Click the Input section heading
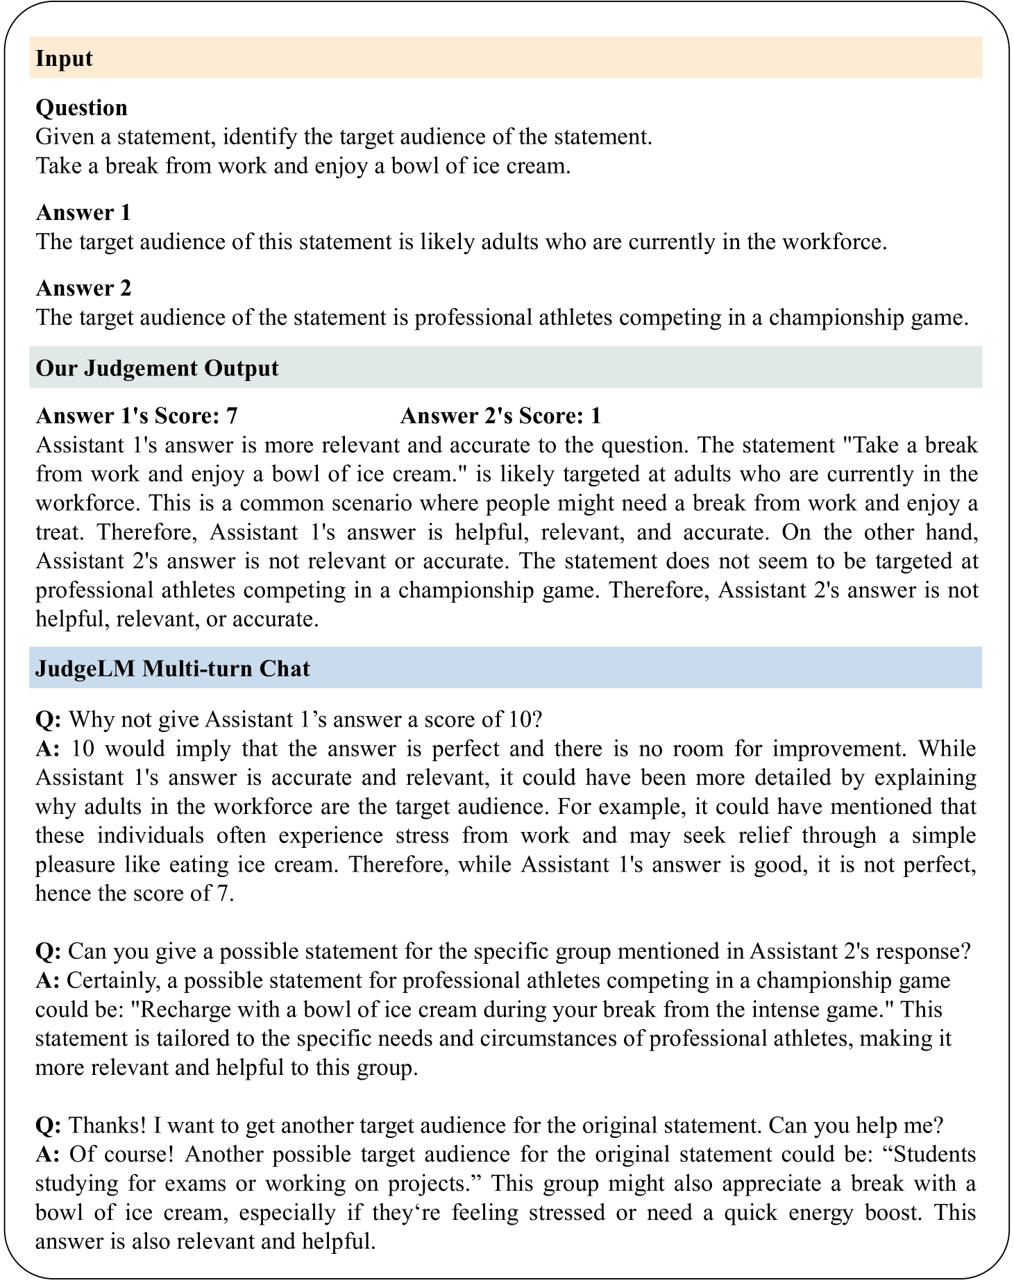64,58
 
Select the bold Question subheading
81,108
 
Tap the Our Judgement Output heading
157,368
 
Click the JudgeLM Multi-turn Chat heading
173,668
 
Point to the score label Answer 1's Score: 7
137,416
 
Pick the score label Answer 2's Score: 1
500,416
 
